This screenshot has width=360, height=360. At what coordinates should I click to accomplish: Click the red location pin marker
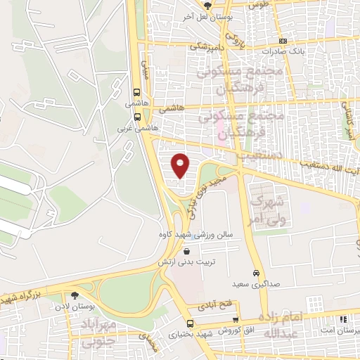point(181,165)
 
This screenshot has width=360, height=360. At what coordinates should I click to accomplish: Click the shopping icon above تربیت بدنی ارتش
point(186,251)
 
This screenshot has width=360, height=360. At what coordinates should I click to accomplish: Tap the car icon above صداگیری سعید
point(256,273)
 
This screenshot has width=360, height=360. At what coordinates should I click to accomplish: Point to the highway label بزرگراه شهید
point(27,295)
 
